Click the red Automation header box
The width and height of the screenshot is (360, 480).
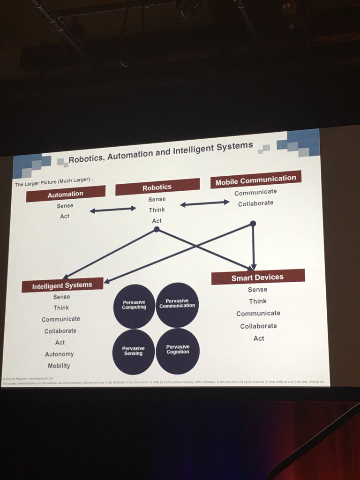66,193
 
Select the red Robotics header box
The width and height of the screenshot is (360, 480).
157,187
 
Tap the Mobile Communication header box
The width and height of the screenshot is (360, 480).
255,179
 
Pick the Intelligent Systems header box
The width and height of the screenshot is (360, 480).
62,285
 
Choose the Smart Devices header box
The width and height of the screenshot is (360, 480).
257,277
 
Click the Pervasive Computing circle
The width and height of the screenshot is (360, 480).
134,306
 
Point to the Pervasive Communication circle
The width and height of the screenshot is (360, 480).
177,304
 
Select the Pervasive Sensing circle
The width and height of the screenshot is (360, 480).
134,351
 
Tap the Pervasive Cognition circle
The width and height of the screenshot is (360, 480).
178,350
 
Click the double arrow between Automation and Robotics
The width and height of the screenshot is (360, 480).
113,210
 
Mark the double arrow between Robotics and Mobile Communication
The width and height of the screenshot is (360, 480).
205,203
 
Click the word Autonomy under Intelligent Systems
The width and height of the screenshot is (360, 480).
60,354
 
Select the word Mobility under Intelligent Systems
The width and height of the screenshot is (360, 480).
59,366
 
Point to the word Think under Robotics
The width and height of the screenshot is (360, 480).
157,210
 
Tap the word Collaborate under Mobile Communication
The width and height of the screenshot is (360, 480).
255,203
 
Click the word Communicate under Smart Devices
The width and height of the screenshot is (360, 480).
258,313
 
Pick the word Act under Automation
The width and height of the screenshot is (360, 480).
65,216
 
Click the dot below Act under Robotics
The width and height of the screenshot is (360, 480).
157,229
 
